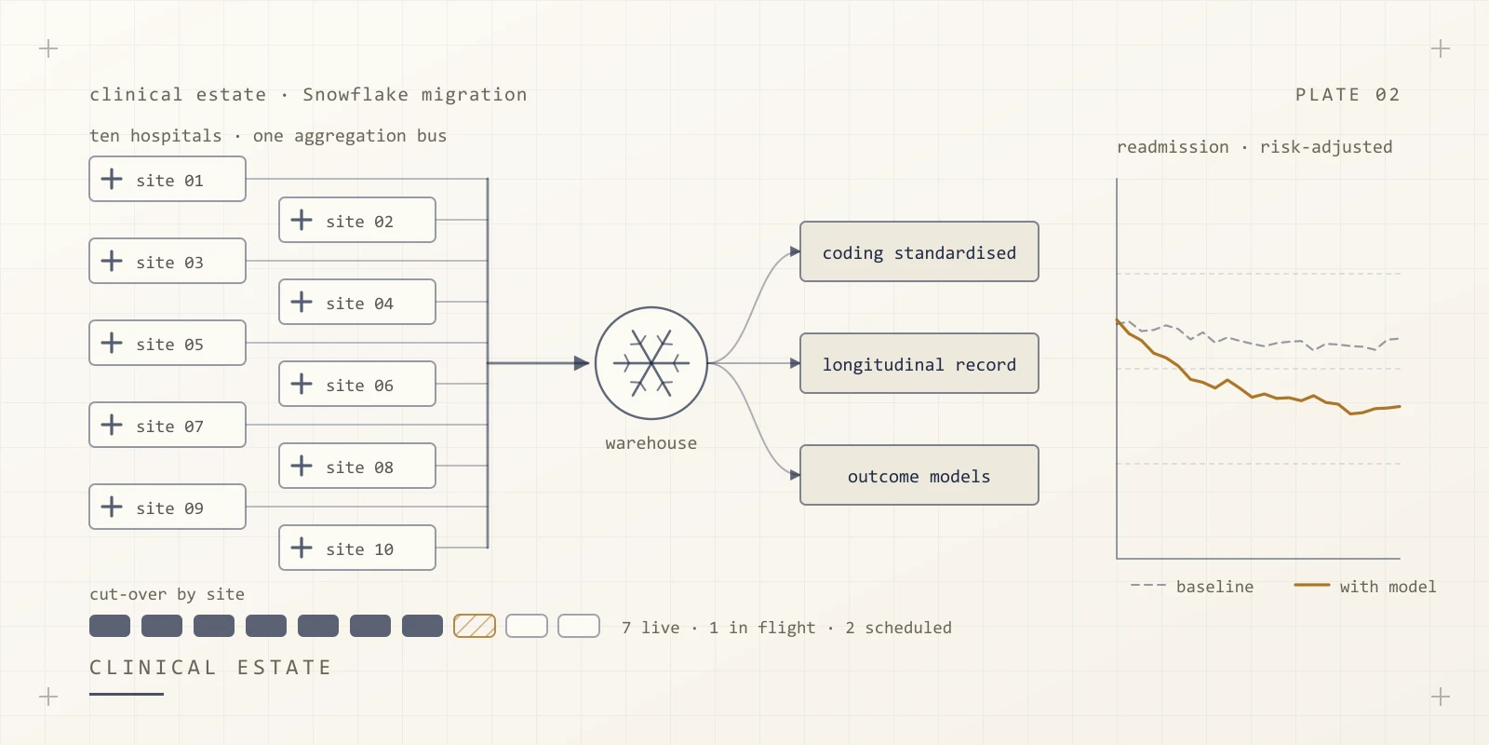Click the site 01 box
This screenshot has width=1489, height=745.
tap(168, 179)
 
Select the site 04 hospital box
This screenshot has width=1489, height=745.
tap(357, 302)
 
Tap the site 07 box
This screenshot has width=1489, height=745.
tap(168, 425)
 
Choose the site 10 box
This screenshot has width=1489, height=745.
tap(357, 549)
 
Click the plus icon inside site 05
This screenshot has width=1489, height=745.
tap(112, 344)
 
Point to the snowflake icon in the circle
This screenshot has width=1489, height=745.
tap(651, 363)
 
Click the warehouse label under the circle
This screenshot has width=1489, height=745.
tap(651, 443)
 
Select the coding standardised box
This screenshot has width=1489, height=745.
tap(919, 251)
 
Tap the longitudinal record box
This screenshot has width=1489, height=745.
tap(919, 363)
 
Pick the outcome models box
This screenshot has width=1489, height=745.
tap(919, 475)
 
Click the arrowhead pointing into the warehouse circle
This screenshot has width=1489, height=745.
tap(582, 363)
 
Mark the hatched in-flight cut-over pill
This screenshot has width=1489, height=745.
tap(475, 626)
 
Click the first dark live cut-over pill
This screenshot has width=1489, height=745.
tap(110, 626)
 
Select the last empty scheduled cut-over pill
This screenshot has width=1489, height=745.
tap(579, 626)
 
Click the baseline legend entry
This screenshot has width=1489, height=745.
tap(1192, 587)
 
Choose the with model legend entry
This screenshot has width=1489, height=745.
tap(1365, 587)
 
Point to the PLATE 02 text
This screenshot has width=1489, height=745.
tap(1348, 94)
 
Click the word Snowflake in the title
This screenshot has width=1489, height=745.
tap(355, 94)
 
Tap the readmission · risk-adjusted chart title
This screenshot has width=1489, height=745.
tap(1254, 147)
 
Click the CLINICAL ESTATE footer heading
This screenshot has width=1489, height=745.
tap(210, 667)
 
